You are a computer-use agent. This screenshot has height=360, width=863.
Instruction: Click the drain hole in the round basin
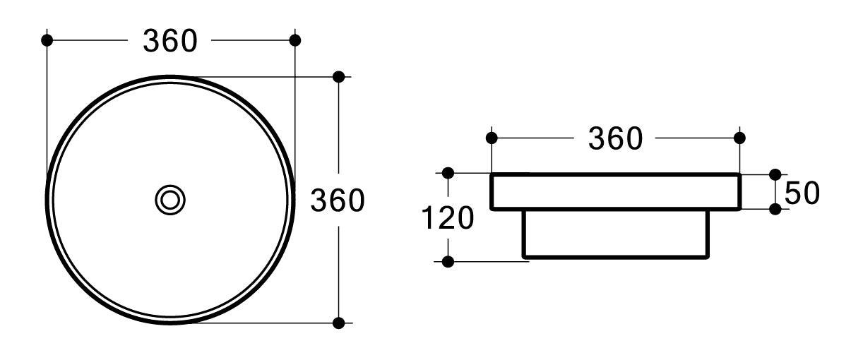(x=170, y=200)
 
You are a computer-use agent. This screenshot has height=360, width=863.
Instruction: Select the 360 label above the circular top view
(x=169, y=41)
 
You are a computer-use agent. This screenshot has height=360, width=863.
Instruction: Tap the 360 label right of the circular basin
(x=338, y=201)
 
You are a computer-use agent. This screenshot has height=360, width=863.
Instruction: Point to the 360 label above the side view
(x=615, y=139)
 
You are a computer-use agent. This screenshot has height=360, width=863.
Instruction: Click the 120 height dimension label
(x=447, y=219)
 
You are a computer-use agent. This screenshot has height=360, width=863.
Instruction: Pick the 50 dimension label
(x=802, y=193)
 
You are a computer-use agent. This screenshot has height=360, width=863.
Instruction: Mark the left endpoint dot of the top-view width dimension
(x=47, y=40)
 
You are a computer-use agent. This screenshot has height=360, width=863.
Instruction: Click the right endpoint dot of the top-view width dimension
(x=295, y=40)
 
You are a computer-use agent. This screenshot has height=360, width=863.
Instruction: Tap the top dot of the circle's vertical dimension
(x=339, y=76)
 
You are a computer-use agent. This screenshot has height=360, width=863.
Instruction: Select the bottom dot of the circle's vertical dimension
(x=339, y=323)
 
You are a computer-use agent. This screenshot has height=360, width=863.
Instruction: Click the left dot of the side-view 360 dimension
(x=492, y=137)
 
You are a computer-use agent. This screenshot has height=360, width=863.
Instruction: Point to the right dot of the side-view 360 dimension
(x=739, y=137)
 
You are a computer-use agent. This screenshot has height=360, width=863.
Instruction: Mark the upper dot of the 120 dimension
(x=448, y=172)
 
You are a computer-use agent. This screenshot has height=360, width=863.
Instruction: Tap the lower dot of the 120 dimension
(x=448, y=262)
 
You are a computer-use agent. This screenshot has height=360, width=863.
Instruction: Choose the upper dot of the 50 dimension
(x=775, y=174)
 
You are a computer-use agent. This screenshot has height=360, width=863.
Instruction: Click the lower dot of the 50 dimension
(x=775, y=209)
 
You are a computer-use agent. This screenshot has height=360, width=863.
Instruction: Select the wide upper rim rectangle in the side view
(x=615, y=191)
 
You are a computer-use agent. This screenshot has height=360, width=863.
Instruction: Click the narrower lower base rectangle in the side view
(x=615, y=233)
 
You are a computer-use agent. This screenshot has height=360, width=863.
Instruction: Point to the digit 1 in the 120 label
(x=428, y=219)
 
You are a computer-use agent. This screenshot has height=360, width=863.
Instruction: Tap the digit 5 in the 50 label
(x=792, y=193)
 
